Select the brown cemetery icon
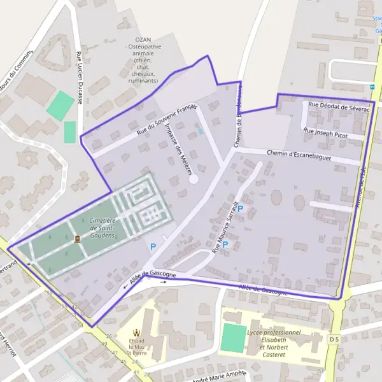click(77, 239)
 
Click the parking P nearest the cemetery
click(153, 246)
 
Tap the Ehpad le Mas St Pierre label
click(135, 344)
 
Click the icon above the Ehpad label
click(135, 332)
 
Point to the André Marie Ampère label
click(218, 375)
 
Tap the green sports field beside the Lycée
click(234, 337)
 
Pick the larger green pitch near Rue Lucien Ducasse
click(60, 105)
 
